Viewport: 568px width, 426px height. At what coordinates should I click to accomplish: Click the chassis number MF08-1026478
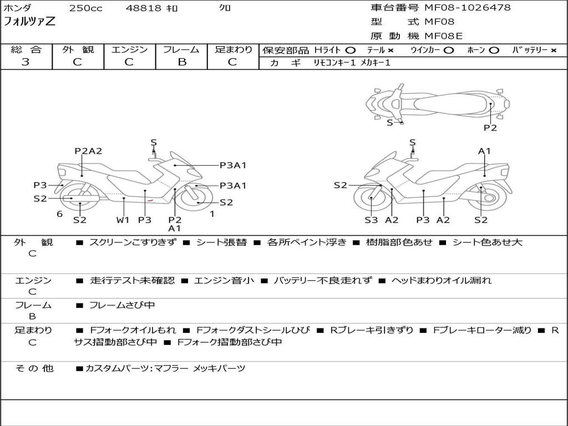pyautogui.click(x=468, y=8)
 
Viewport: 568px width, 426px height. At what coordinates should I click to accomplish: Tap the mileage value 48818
pyautogui.click(x=144, y=8)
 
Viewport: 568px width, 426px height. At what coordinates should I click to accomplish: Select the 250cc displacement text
pyautogui.click(x=85, y=8)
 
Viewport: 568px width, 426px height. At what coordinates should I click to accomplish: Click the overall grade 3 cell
pyautogui.click(x=26, y=62)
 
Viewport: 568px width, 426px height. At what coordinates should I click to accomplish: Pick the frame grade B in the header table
pyautogui.click(x=181, y=62)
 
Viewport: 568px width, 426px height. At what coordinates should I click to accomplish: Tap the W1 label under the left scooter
pyautogui.click(x=123, y=220)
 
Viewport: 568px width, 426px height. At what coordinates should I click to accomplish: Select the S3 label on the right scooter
pyautogui.click(x=371, y=220)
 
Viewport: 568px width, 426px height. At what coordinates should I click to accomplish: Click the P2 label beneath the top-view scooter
pyautogui.click(x=490, y=128)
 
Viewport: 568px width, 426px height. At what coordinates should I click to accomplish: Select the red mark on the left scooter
pyautogui.click(x=150, y=200)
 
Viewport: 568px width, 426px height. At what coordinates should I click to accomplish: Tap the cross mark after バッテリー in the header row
pyautogui.click(x=554, y=50)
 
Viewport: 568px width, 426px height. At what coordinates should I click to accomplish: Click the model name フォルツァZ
pyautogui.click(x=29, y=22)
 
